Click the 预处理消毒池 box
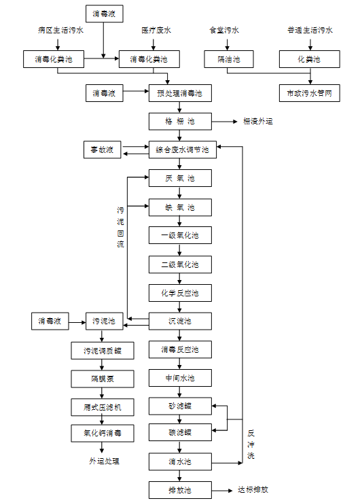point(180,92)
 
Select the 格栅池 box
point(180,121)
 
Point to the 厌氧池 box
point(180,178)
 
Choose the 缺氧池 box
point(180,207)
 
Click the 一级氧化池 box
point(180,236)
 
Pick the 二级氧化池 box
point(180,264)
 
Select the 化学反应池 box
point(180,293)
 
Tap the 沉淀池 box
point(180,321)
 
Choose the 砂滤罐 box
point(180,406)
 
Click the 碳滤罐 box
point(180,432)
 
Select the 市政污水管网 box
point(310,92)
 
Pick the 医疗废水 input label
point(156,30)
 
